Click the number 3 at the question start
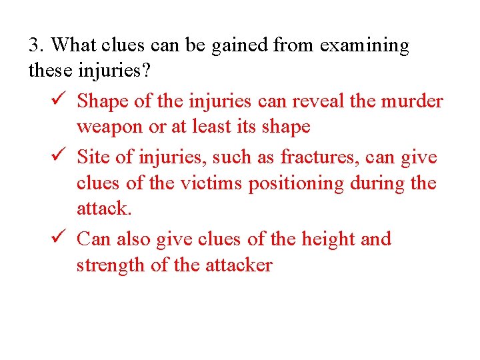[x=35, y=45]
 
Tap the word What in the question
[x=71, y=45]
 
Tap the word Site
[x=93, y=157]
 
